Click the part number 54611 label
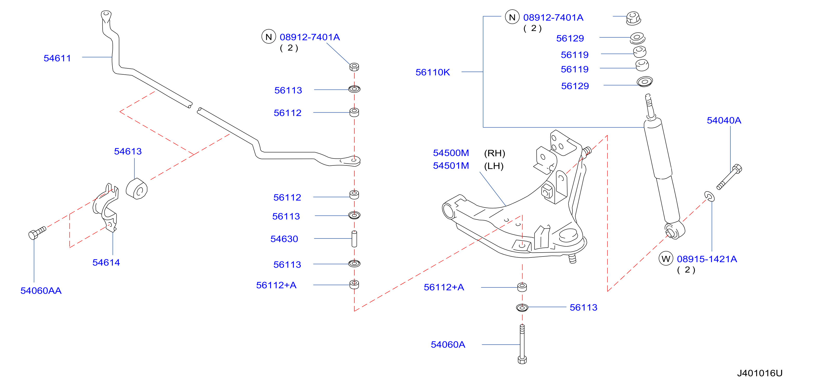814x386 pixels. pyautogui.click(x=57, y=58)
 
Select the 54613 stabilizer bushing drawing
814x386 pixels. pyautogui.click(x=137, y=189)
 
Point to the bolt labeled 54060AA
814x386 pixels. pyautogui.click(x=37, y=233)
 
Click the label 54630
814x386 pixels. pyautogui.click(x=284, y=239)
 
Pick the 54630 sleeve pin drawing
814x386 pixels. pyautogui.click(x=354, y=239)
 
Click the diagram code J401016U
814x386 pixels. pyautogui.click(x=760, y=373)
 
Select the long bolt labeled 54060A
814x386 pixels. pyautogui.click(x=522, y=344)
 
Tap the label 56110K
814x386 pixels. pyautogui.click(x=433, y=73)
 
